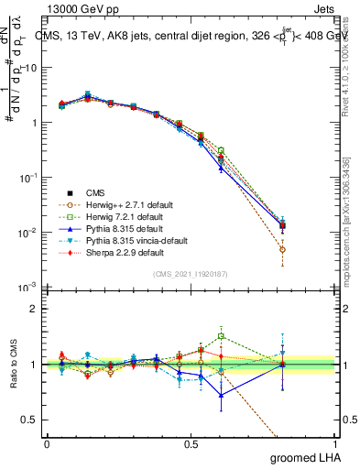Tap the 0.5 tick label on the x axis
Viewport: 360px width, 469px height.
pyautogui.click(x=191, y=443)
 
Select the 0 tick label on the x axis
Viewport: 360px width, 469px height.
pyautogui.click(x=47, y=443)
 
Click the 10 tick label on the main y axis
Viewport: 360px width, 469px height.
pyautogui.click(x=31, y=68)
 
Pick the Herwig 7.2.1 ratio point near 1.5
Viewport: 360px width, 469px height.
pyautogui.click(x=221, y=336)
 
